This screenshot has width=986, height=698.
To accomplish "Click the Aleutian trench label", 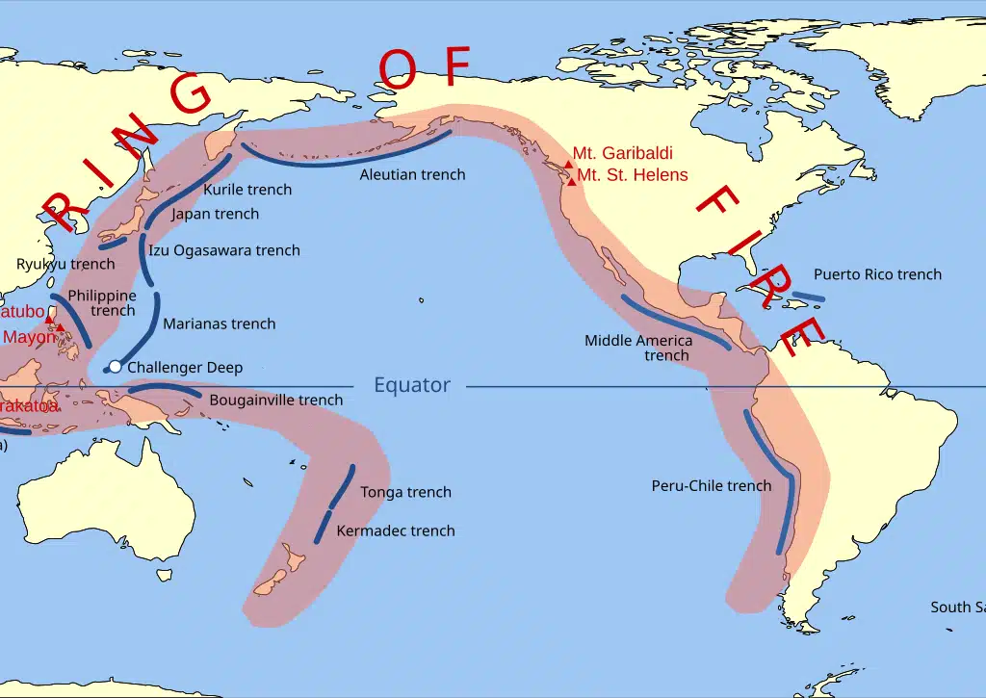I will point(412,174).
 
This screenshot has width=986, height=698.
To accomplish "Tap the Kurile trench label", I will point(247,190).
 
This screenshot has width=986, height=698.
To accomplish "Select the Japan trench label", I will point(216,214).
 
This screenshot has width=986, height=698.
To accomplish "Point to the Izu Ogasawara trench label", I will point(224,250).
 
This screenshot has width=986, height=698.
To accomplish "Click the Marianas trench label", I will point(220,323).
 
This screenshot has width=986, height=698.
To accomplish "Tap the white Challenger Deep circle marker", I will point(116,366).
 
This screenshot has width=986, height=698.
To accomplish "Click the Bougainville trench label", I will point(275,400).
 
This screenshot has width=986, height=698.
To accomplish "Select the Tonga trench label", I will point(405,492).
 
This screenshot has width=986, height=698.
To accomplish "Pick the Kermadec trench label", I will point(396,530).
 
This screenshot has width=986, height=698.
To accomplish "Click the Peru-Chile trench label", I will point(712,485).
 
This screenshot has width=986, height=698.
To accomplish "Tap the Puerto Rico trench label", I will point(877,274).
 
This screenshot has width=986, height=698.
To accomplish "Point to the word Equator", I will point(412,385).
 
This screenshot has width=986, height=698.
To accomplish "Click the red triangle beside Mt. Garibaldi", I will point(568,165).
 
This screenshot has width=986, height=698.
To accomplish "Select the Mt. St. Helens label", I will point(633,175).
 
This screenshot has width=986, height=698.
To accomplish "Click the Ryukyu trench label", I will point(65,264).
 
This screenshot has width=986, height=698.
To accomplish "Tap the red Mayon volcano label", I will point(29,337).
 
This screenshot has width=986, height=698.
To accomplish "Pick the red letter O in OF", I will point(398,70).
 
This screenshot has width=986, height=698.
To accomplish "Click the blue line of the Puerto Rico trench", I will point(809,297).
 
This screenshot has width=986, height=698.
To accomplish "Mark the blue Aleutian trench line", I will point(347,162).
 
